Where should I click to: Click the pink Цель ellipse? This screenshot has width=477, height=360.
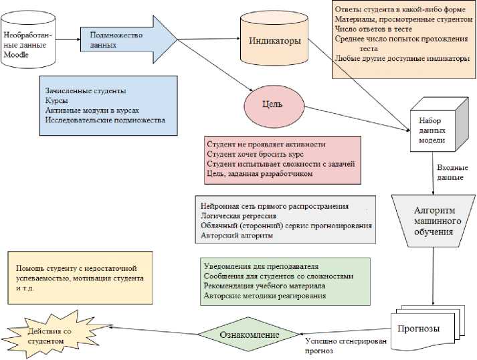point(273,105)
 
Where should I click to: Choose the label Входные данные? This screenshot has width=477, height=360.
point(450,173)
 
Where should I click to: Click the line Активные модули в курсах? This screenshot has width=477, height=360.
point(92,110)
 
